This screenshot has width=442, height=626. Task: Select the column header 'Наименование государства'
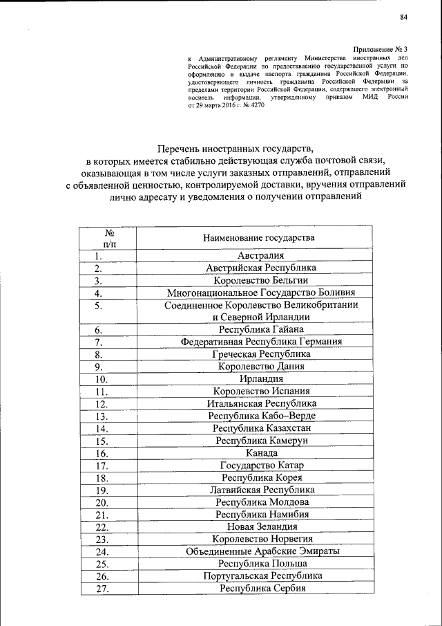coord(258,238)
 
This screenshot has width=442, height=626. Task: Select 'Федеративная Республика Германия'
coord(261,342)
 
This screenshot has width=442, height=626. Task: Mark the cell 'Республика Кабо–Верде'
coord(261,416)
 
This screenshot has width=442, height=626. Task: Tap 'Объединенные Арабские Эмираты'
coord(261,551)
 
